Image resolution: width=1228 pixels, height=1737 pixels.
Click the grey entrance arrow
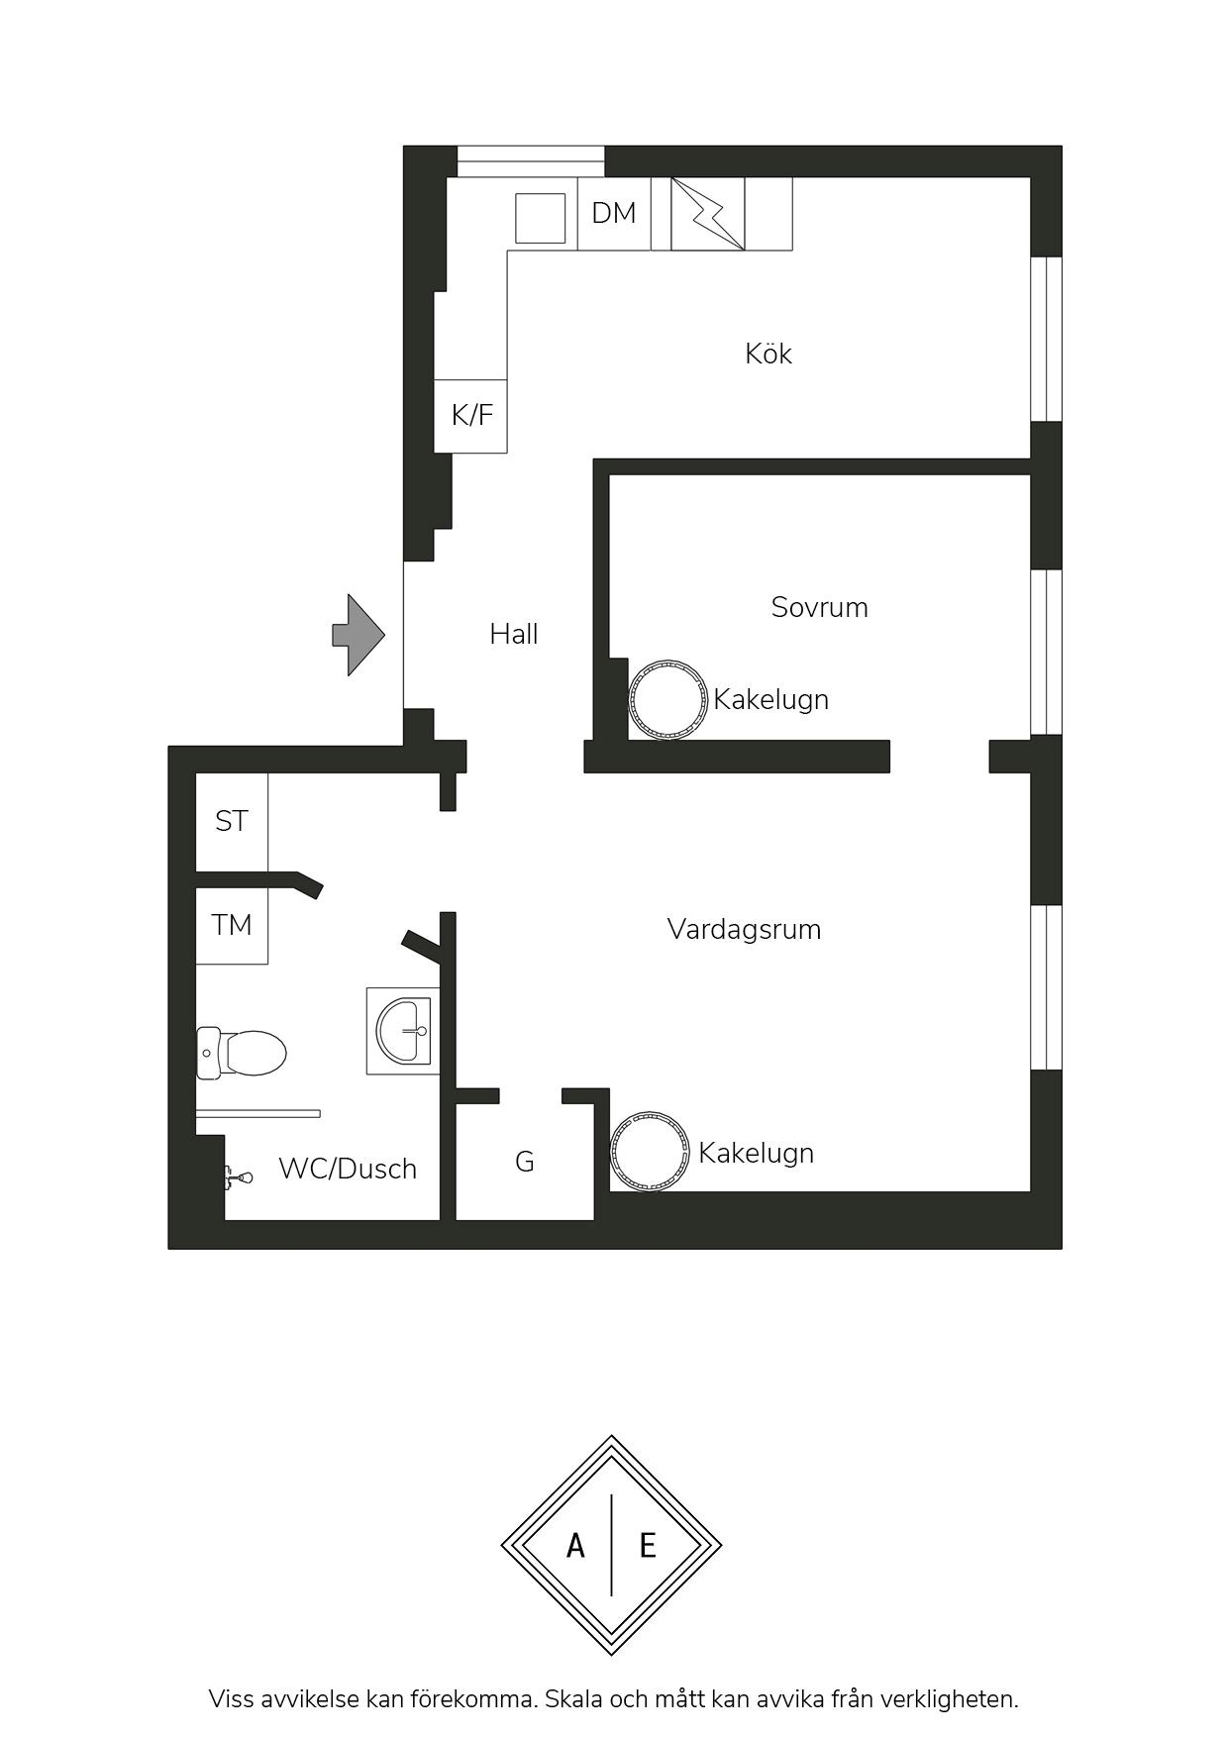tap(358, 635)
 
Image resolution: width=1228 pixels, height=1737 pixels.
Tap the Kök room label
tap(768, 354)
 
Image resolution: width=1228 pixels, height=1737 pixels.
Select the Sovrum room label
tap(819, 607)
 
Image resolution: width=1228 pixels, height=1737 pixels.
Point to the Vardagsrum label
tap(744, 929)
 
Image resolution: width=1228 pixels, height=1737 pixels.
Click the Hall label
tap(513, 634)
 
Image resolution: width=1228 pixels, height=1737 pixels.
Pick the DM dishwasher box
tap(614, 213)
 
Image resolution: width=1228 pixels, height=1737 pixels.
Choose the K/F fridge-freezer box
tap(471, 416)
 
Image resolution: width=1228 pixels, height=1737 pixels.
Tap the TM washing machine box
tap(232, 926)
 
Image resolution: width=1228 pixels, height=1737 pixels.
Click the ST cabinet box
tap(232, 821)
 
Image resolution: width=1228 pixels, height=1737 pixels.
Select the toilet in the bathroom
tap(242, 1052)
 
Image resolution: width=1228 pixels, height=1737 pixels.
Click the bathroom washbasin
tap(403, 1031)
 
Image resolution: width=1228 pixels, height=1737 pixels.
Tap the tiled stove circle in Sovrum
tap(668, 699)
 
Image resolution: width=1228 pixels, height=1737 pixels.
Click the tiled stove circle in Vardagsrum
tap(650, 1151)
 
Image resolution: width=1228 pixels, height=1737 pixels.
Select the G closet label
tap(525, 1162)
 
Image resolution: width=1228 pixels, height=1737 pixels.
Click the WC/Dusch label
tap(348, 1169)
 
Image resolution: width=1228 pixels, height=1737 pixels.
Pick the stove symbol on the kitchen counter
tap(708, 213)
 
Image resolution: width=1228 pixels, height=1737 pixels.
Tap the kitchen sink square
tap(541, 218)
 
